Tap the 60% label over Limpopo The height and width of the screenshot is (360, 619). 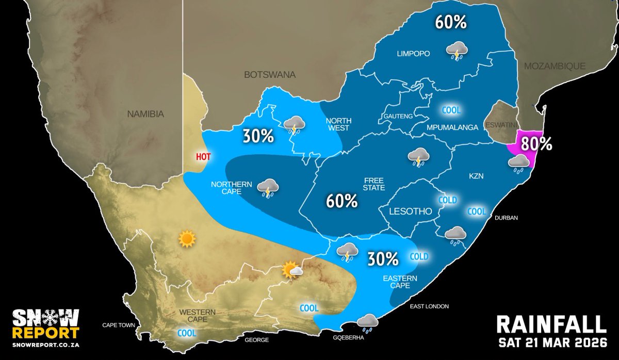click(450, 22)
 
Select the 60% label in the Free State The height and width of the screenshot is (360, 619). click(341, 201)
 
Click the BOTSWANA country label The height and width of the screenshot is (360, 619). click(270, 75)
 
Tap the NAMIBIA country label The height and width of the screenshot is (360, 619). click(146, 113)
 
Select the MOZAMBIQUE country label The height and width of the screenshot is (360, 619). click(555, 66)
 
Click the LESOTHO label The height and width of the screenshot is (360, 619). click(404, 211)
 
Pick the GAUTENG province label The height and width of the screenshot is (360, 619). click(398, 117)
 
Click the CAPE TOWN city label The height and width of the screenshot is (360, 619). click(118, 325)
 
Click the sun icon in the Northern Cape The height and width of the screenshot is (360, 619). click(186, 239)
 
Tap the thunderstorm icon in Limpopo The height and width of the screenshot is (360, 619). click(457, 52)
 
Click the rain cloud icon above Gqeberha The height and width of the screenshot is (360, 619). click(367, 323)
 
